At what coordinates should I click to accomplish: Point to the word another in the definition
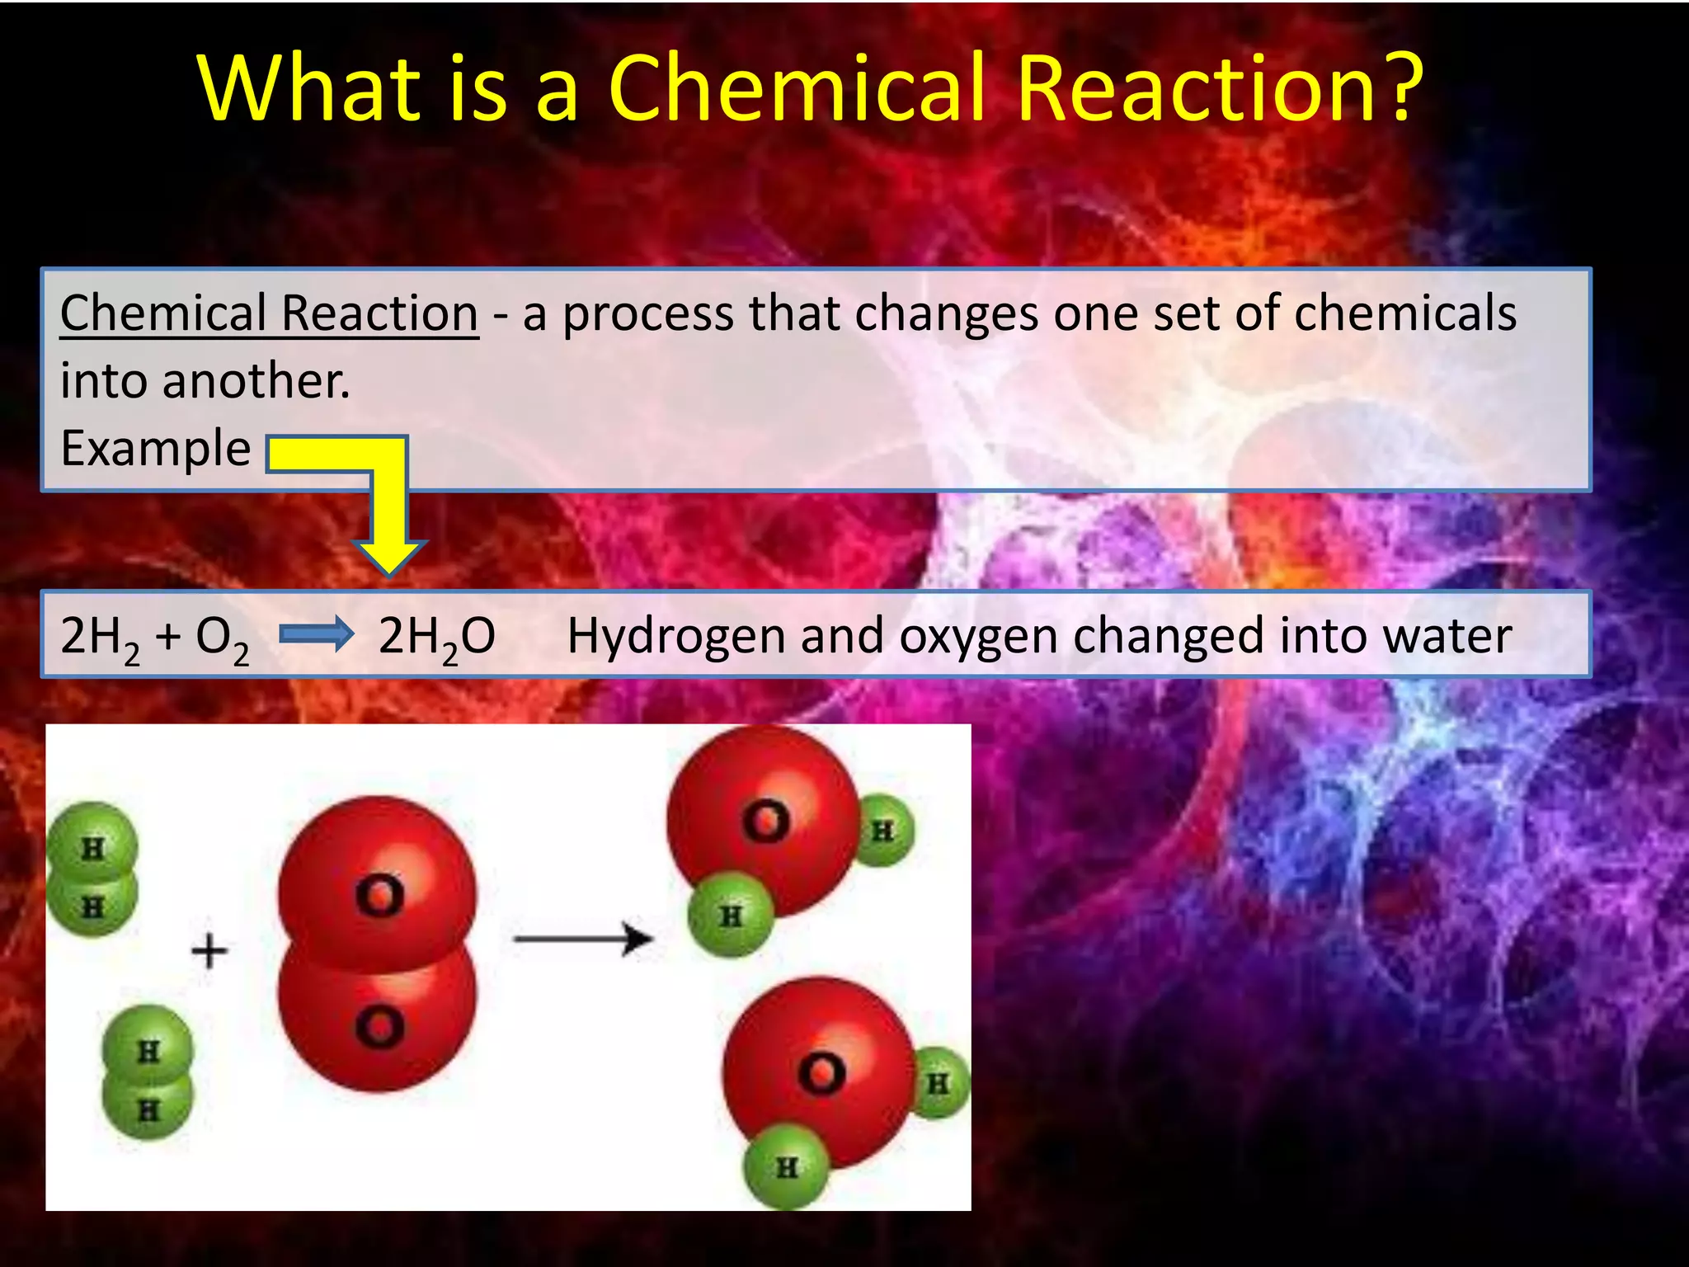pos(256,381)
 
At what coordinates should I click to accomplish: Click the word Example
pos(155,449)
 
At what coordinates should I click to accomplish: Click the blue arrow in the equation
pos(317,635)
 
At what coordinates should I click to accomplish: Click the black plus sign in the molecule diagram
pos(209,950)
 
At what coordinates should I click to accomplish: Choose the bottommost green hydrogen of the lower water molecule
pos(786,1166)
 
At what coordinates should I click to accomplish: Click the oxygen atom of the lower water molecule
pos(819,1071)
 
